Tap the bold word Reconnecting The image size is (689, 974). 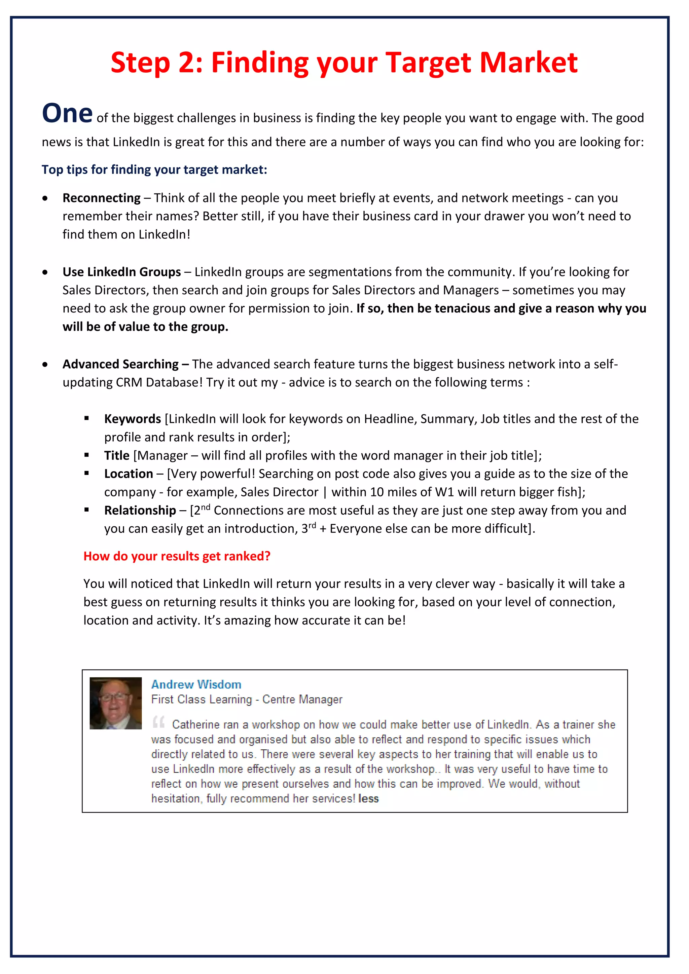pos(101,198)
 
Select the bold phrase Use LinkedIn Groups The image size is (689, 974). pos(121,272)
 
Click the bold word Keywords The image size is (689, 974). pos(132,419)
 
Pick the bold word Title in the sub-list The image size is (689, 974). pos(117,456)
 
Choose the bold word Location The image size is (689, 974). pos(129,474)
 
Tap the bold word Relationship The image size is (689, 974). pos(140,510)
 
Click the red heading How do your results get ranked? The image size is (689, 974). pos(177,556)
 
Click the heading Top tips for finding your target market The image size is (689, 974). pos(154,170)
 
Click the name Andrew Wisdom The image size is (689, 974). pos(196,684)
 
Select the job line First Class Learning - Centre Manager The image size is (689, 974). pos(247,700)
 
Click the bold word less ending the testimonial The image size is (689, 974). pos(368,799)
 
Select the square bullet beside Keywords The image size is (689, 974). pos(86,419)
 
